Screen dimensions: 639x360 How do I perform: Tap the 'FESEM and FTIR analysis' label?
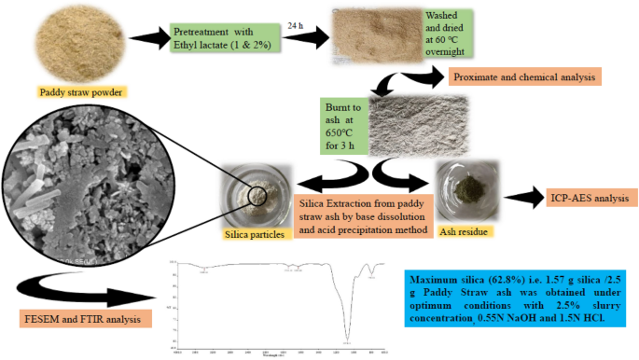click(x=88, y=320)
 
